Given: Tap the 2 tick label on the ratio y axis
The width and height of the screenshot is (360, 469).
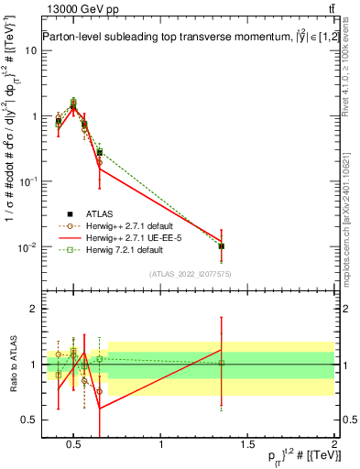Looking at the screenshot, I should (31, 310).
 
